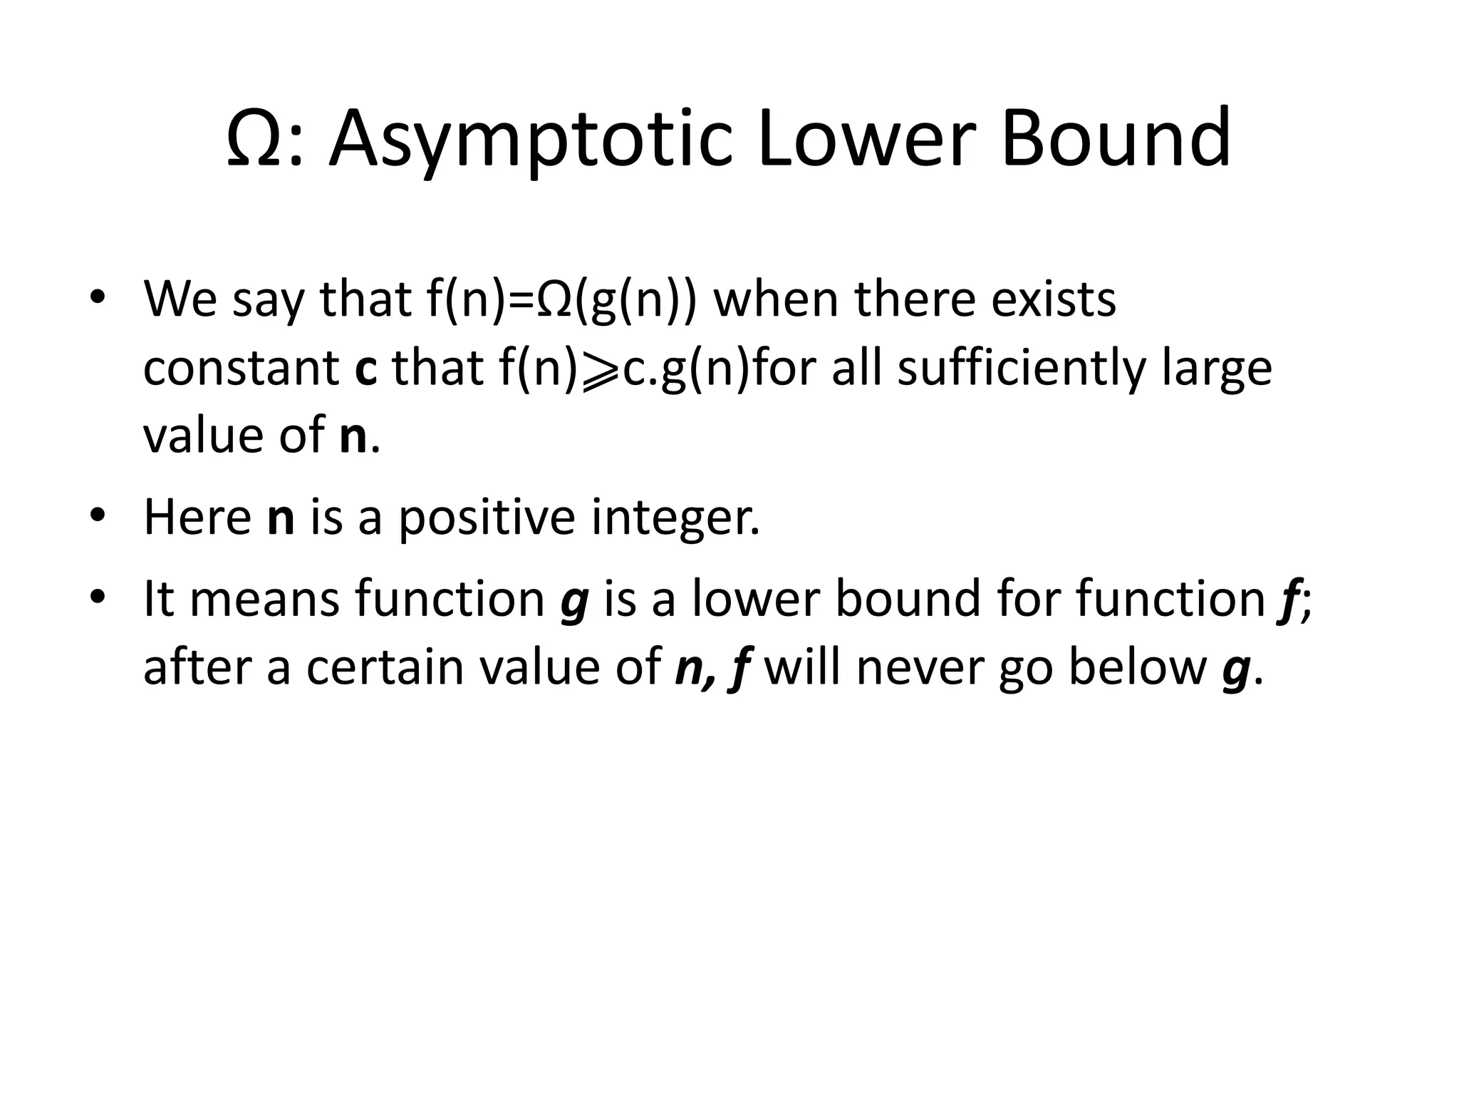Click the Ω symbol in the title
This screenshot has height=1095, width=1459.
(250, 140)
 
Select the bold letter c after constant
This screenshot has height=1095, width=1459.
(365, 369)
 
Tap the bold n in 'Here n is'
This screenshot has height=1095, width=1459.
(281, 519)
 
